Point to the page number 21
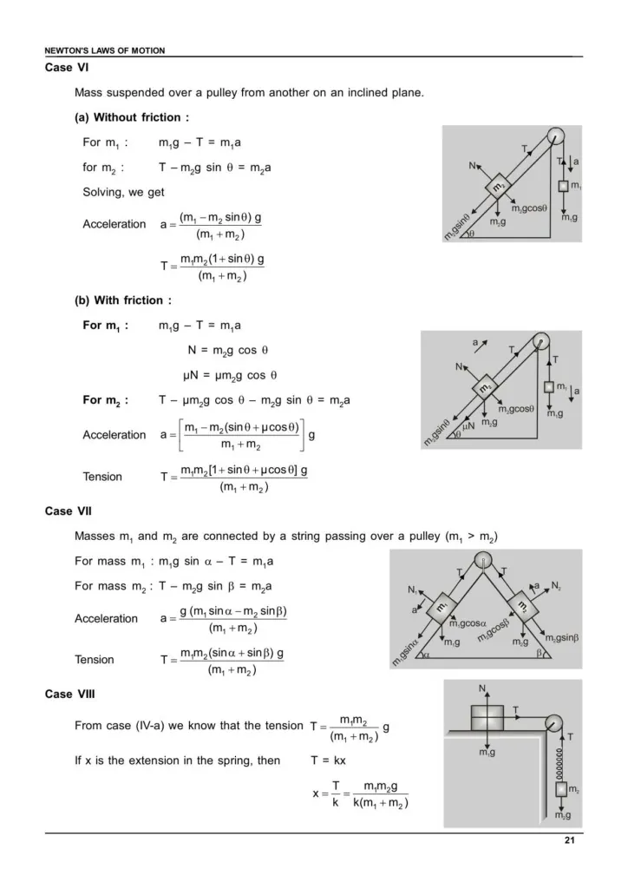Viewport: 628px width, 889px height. pos(568,841)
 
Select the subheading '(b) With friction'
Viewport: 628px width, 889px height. pos(122,300)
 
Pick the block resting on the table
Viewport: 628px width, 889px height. pos(487,719)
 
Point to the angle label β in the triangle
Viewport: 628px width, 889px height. pos(540,653)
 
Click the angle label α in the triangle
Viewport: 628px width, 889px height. pos(427,653)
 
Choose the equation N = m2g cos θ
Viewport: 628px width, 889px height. pos(228,351)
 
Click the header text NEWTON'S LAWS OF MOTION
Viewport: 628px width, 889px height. pos(104,50)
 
